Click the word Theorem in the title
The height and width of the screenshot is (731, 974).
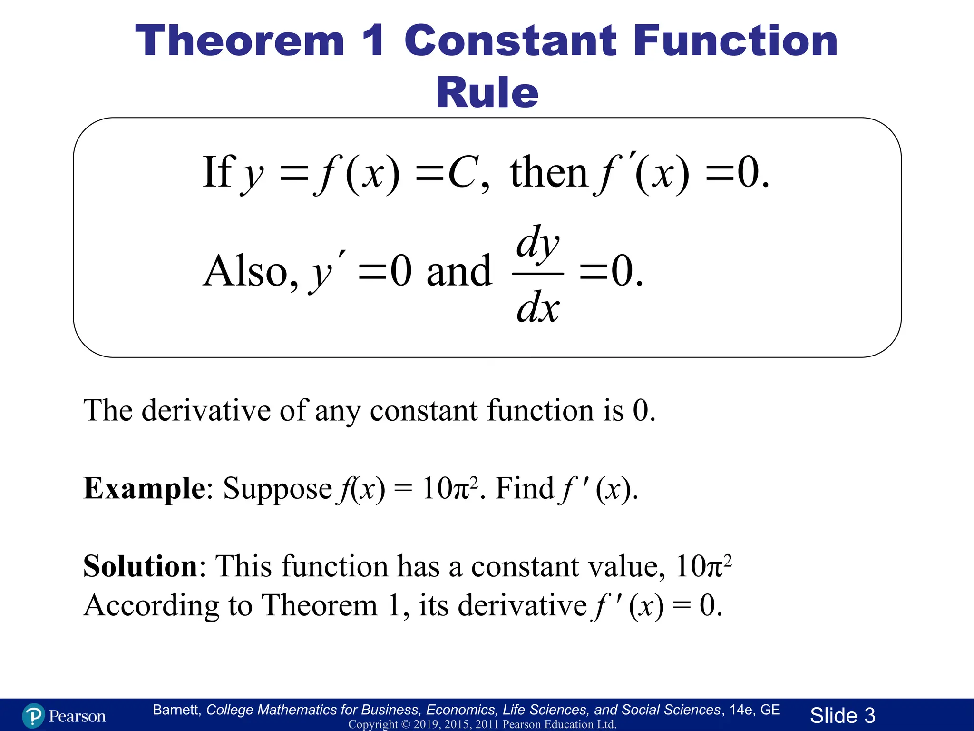[240, 42]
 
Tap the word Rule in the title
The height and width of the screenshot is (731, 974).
[487, 92]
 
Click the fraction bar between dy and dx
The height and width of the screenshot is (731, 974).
[538, 274]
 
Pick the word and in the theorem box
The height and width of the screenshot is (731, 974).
[459, 271]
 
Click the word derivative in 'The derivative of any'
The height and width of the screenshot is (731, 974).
[206, 410]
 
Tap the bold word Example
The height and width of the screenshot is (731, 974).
[144, 489]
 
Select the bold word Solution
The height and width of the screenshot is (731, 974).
[140, 566]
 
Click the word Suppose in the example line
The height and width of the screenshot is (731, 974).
[277, 489]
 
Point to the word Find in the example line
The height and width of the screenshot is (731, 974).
[524, 489]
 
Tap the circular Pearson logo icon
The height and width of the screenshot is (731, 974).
[33, 716]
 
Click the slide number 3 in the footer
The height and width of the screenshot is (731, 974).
[869, 716]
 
